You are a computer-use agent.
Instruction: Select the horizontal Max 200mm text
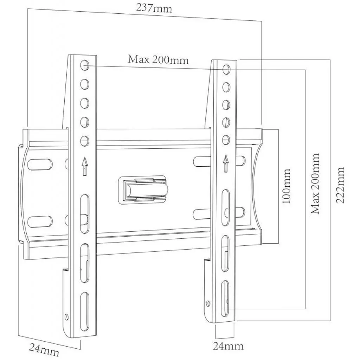[158, 59]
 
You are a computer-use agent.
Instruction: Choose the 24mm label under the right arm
[228, 346]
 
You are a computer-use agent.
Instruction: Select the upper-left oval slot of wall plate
[40, 164]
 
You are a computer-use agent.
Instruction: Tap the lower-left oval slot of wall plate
[40, 221]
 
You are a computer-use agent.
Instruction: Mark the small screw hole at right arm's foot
[208, 303]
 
